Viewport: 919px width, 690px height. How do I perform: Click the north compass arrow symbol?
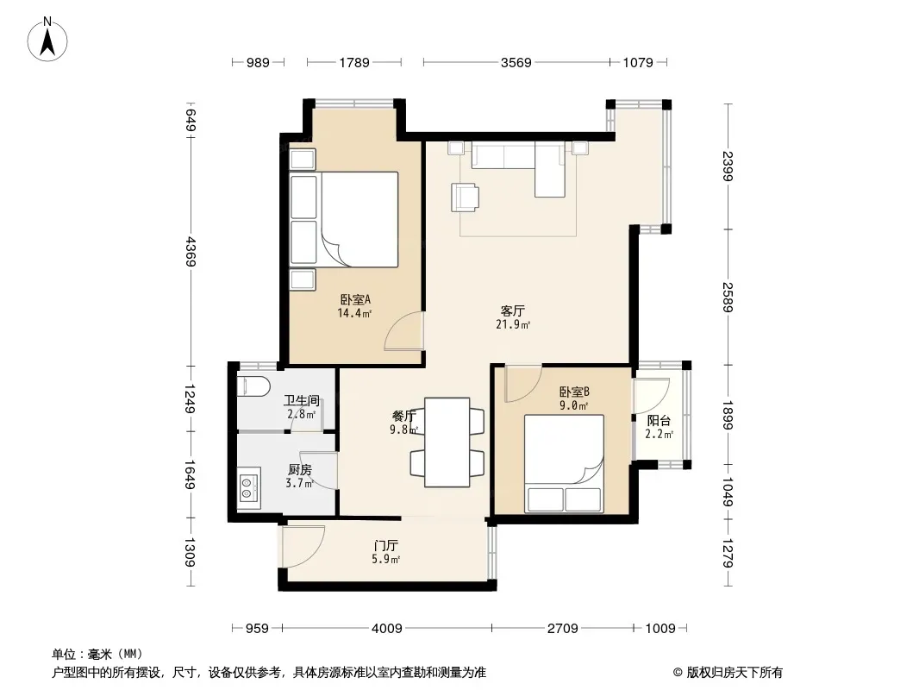[47, 39]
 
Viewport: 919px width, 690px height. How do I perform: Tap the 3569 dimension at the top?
[516, 62]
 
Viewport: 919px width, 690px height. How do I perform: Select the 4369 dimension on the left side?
[190, 252]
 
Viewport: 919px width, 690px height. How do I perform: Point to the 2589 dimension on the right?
[728, 298]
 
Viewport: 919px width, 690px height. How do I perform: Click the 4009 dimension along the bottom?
[387, 629]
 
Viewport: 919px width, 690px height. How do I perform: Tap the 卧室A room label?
[355, 299]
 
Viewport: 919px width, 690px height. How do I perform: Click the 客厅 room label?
[513, 310]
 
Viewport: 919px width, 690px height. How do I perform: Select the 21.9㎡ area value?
[513, 325]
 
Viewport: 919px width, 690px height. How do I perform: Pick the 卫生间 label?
[301, 401]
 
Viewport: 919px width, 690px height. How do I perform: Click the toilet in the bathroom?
[253, 387]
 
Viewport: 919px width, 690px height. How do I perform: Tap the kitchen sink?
[249, 488]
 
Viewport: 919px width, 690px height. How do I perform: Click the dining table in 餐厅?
[447, 442]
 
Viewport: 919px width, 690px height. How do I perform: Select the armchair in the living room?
[464, 197]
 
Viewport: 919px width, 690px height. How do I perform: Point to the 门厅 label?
[385, 546]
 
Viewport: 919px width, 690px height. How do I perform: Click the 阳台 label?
[659, 420]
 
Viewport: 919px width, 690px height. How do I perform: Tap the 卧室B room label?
[574, 392]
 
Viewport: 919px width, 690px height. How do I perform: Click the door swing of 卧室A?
[403, 331]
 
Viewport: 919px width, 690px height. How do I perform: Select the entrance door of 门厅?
[303, 546]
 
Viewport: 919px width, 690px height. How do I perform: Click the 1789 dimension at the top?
[354, 62]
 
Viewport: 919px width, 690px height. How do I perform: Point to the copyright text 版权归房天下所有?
[734, 673]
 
